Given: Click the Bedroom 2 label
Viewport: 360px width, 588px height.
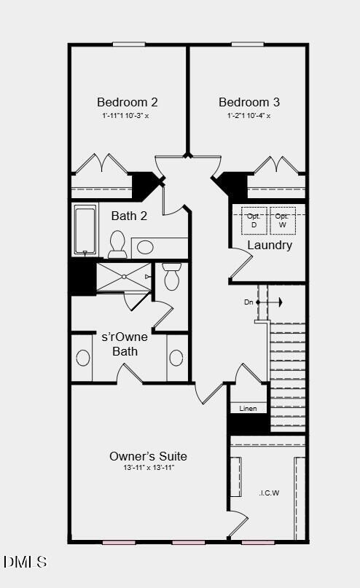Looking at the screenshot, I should (128, 103).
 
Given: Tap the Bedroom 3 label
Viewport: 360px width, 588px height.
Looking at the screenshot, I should (249, 103).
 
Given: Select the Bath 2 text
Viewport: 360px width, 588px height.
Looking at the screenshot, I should (129, 216).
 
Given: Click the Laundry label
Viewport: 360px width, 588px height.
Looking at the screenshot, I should (270, 245).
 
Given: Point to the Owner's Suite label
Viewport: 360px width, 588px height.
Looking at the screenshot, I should (148, 456).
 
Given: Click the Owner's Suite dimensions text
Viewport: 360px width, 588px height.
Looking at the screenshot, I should (148, 468).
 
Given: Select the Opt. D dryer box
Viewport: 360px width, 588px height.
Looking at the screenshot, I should (254, 220).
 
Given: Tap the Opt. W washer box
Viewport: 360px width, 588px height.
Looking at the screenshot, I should (282, 220).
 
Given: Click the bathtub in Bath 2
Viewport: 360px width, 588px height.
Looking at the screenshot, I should (85, 230).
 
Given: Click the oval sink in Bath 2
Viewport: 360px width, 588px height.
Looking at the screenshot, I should (145, 246).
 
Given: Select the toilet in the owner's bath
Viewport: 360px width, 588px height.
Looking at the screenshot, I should (172, 277).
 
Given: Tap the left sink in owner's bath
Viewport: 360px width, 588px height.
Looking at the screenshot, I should (83, 358).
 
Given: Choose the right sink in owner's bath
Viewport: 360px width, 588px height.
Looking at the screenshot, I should (176, 358).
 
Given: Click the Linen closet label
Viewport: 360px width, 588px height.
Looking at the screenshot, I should (248, 409).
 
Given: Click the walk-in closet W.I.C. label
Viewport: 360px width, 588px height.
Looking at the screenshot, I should (269, 493).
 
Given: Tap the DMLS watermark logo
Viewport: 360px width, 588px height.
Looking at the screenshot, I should (26, 562).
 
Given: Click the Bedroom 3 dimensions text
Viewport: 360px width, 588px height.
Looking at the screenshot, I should (248, 116).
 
